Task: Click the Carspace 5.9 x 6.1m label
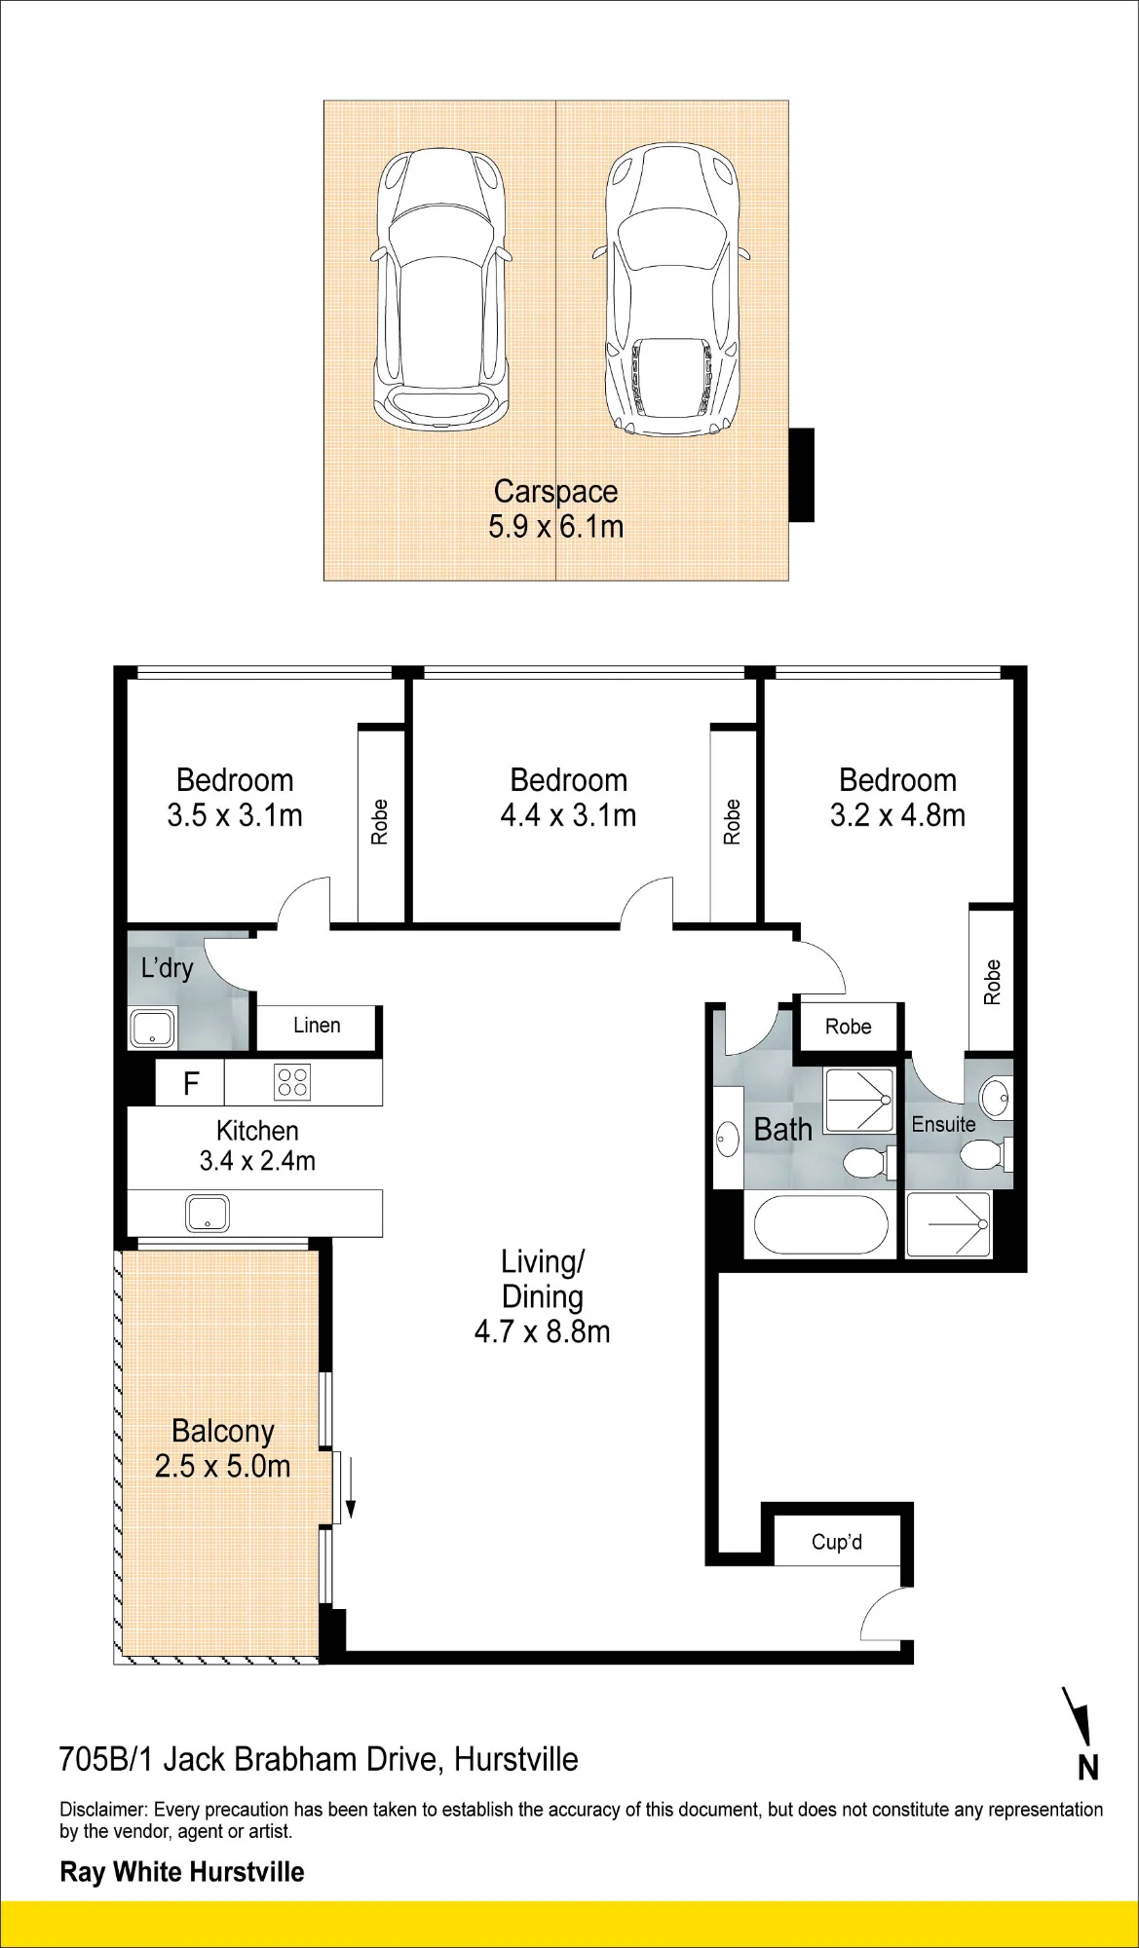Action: click(x=555, y=509)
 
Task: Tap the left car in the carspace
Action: click(x=440, y=290)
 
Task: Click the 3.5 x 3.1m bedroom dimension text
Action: click(x=235, y=815)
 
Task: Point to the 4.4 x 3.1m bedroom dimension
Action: click(x=568, y=815)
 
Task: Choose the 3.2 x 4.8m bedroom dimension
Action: click(x=897, y=815)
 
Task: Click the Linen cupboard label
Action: click(x=317, y=1026)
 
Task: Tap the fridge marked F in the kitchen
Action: click(x=191, y=1082)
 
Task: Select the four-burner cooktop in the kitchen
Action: click(x=292, y=1082)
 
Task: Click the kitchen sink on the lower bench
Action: click(x=208, y=1214)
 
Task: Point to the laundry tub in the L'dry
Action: click(x=152, y=1028)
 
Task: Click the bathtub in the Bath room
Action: click(x=817, y=1224)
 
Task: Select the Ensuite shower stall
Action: click(x=949, y=1224)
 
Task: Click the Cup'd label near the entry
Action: click(x=837, y=1542)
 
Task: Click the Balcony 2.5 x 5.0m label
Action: click(x=223, y=1448)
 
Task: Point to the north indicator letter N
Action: click(x=1088, y=1767)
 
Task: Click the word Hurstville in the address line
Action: click(x=516, y=1759)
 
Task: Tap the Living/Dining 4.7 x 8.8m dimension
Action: click(x=543, y=1331)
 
